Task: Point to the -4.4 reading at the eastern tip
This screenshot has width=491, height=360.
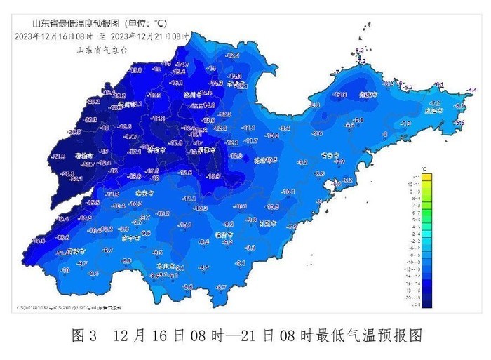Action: click(471, 89)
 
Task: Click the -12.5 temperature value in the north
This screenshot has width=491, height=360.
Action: click(232, 55)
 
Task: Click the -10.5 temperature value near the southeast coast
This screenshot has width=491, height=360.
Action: click(273, 207)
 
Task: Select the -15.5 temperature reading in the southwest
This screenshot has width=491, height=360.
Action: click(93, 202)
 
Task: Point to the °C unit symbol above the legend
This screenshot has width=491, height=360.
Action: click(423, 171)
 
